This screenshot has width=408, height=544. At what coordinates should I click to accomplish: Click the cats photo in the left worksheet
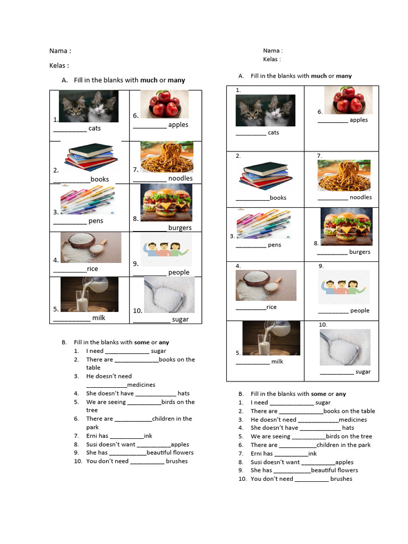88,106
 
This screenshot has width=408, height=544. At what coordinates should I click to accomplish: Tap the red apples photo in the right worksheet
348,100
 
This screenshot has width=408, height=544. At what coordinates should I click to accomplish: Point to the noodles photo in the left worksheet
166,157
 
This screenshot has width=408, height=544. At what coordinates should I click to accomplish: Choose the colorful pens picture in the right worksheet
263,224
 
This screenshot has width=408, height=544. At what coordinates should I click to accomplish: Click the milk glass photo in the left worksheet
82,294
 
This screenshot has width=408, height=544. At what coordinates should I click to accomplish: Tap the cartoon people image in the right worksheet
343,287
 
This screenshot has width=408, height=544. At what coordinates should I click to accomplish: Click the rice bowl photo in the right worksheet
266,285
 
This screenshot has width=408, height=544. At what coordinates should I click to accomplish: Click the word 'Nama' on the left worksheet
58,51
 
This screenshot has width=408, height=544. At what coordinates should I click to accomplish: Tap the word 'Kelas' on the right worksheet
270,59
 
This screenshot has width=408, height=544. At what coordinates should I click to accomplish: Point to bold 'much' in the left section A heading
149,80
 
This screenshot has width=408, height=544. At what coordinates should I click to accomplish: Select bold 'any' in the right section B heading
341,394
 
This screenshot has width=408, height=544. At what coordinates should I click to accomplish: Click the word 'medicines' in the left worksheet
141,385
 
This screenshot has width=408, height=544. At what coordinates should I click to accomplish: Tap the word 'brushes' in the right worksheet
341,479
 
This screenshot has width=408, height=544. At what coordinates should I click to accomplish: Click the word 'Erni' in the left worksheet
92,436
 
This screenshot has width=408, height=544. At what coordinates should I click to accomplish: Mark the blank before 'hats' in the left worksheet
156,394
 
